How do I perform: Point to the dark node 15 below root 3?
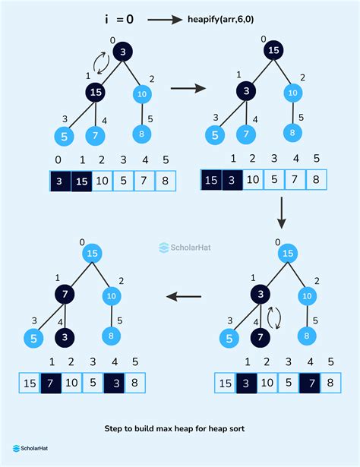pyautogui.click(x=94, y=93)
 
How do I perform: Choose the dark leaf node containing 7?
pyautogui.click(x=261, y=336)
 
